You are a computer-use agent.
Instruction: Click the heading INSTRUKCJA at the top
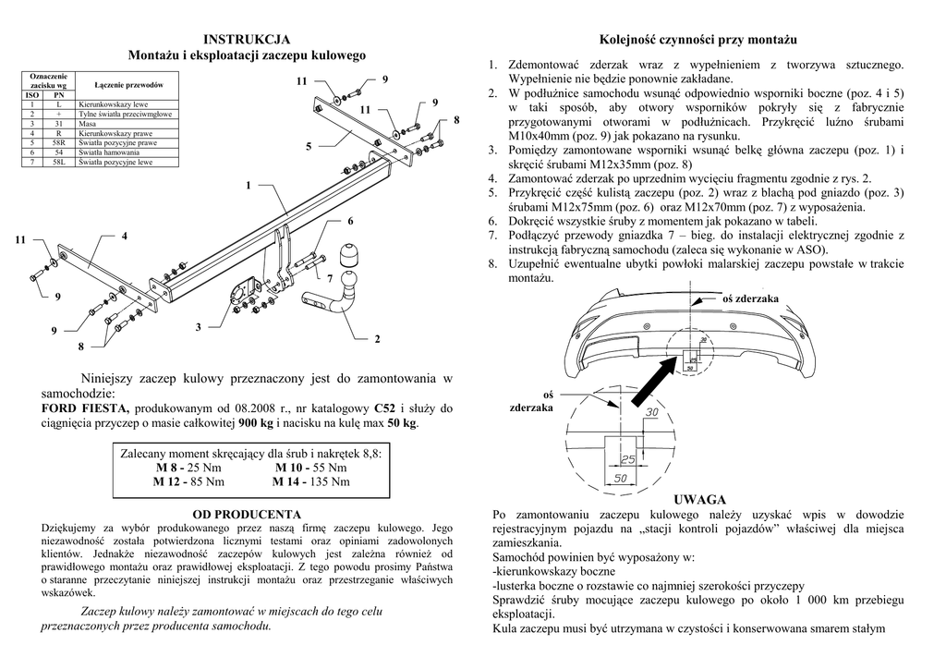click(x=247, y=39)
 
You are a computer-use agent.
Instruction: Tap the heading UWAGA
click(x=699, y=499)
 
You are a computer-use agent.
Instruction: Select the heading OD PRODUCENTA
click(x=247, y=514)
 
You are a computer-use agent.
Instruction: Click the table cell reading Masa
click(x=89, y=122)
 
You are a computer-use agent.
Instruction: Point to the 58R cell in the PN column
click(x=58, y=142)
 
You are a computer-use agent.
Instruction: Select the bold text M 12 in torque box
click(x=169, y=481)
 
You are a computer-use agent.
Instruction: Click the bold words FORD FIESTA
click(x=87, y=407)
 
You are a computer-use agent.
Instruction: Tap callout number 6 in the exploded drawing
click(x=351, y=221)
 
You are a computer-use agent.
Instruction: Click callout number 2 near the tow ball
click(x=377, y=340)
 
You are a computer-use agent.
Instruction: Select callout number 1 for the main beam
click(x=249, y=186)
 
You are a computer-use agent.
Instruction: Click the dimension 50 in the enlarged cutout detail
click(x=621, y=477)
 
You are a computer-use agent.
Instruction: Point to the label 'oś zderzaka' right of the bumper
click(x=751, y=298)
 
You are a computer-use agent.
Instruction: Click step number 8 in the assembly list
click(x=493, y=264)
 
